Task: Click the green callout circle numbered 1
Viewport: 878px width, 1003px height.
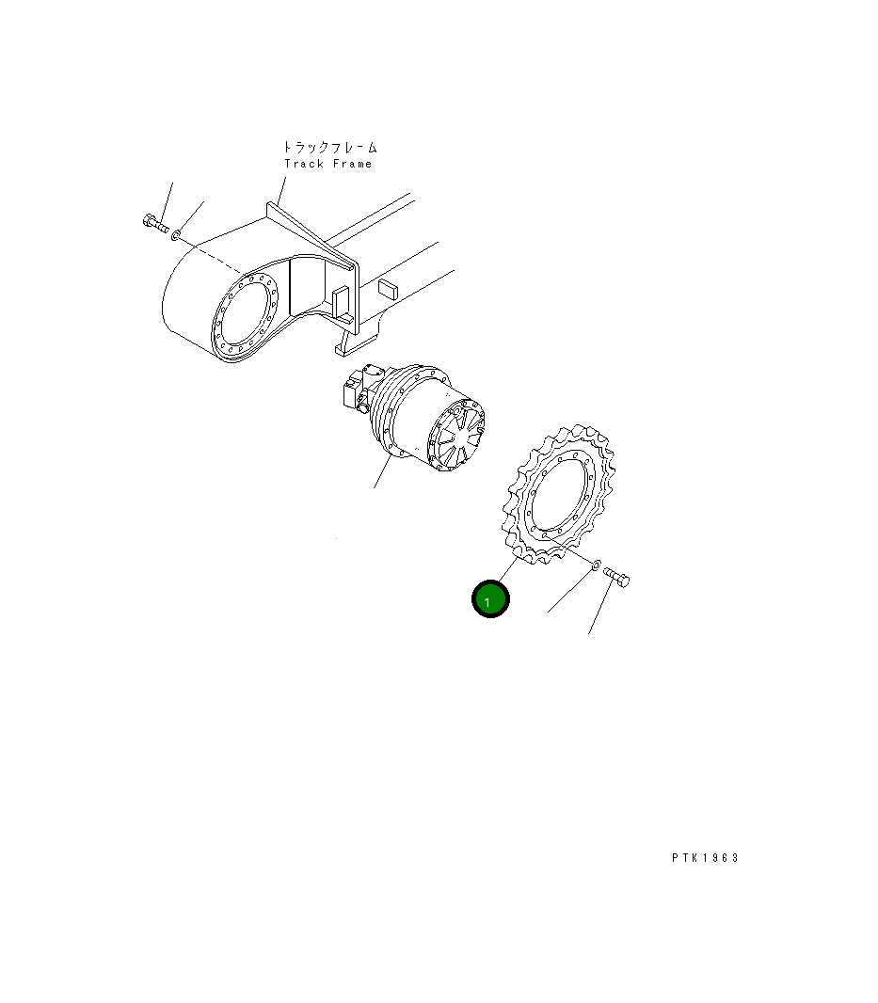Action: coord(490,599)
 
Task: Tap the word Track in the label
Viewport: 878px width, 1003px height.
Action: coord(304,164)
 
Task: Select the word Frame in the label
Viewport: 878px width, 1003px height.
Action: coord(353,164)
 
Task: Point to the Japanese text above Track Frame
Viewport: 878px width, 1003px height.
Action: coord(330,147)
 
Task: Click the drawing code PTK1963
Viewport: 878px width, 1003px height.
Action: coord(705,858)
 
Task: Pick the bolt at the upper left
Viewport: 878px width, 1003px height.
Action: coord(155,223)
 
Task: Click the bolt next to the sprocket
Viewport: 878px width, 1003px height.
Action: coord(616,577)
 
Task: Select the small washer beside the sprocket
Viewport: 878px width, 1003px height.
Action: coord(595,565)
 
